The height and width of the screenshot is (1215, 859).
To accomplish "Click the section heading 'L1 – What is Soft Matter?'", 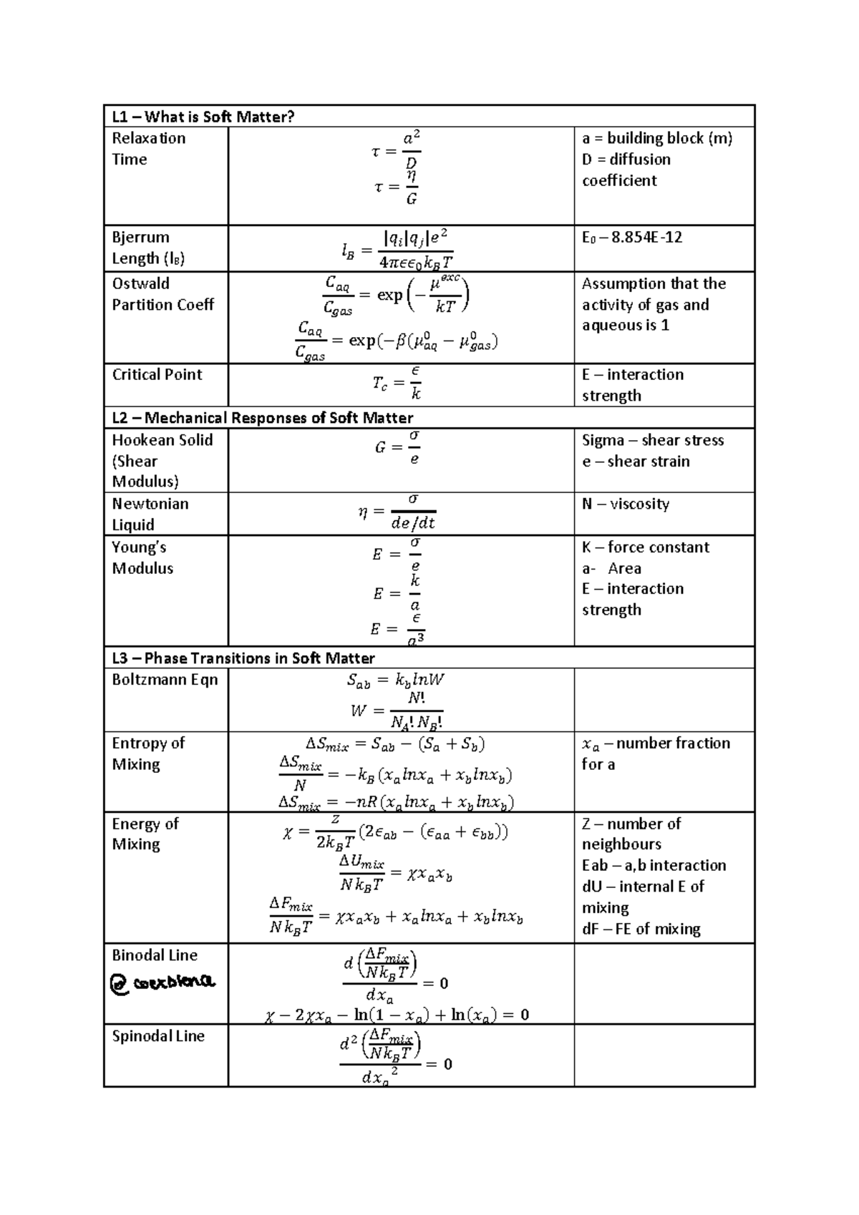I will pyautogui.click(x=203, y=117).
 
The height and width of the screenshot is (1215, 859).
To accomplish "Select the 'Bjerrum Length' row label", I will pyautogui.click(x=147, y=248).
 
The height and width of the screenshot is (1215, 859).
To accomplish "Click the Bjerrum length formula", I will pyautogui.click(x=397, y=250).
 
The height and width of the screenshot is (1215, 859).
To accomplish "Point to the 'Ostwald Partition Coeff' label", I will pyautogui.click(x=162, y=294).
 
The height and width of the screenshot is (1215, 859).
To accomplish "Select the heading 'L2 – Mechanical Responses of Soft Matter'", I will pyautogui.click(x=262, y=418).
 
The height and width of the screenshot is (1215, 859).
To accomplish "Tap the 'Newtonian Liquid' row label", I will pyautogui.click(x=150, y=514).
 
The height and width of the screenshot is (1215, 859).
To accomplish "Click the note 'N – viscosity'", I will pyautogui.click(x=626, y=504).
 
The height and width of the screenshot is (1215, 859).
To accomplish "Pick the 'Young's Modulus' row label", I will pyautogui.click(x=142, y=557).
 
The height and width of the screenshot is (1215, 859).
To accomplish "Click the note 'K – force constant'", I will pyautogui.click(x=645, y=547).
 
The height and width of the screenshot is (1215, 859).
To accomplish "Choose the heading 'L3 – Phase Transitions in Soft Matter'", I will pyautogui.click(x=243, y=658).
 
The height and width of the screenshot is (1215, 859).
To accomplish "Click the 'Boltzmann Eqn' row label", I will pyautogui.click(x=164, y=680).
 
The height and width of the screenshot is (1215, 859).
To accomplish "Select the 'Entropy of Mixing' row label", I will pyautogui.click(x=147, y=753).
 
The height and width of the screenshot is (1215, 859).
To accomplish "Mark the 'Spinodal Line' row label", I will pyautogui.click(x=157, y=1036).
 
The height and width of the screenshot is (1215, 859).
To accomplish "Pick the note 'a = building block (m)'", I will pyautogui.click(x=656, y=138).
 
